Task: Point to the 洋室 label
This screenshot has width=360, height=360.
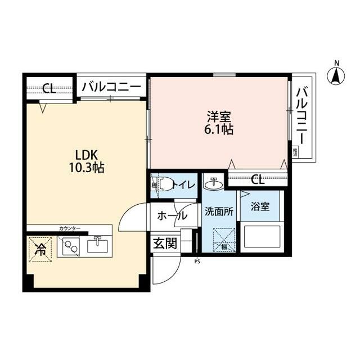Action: pos(219,117)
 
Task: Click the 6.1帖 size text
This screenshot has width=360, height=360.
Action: pos(219,130)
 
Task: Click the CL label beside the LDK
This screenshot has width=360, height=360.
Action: pos(49,88)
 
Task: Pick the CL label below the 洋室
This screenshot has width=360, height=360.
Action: pos(257,180)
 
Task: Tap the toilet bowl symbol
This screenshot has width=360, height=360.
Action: pos(164,184)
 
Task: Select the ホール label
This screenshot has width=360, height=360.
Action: pos(172,215)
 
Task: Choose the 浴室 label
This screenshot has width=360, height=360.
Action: pos(260,207)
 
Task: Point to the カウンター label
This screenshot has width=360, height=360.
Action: pos(70,228)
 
